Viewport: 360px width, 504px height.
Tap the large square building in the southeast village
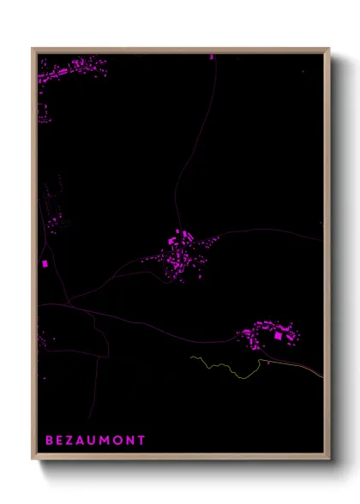click(x=277, y=336)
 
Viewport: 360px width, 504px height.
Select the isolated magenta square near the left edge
click(x=45, y=264)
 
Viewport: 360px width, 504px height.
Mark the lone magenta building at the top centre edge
click(x=212, y=57)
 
